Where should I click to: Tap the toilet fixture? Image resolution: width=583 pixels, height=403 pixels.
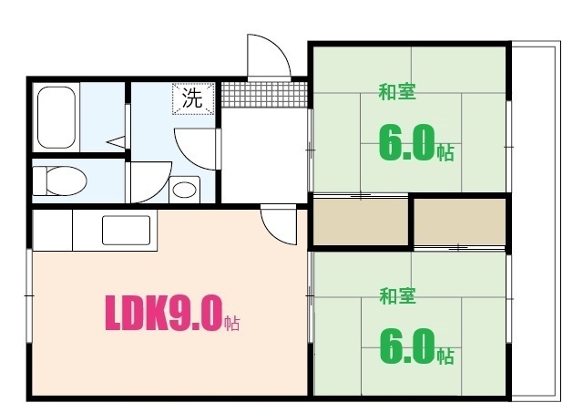pyautogui.click(x=60, y=180)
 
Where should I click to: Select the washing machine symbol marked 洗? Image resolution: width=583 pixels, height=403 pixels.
pyautogui.click(x=193, y=98)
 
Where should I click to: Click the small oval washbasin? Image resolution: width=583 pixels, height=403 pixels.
pyautogui.click(x=186, y=191)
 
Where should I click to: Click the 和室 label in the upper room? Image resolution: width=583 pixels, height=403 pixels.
pyautogui.click(x=397, y=91)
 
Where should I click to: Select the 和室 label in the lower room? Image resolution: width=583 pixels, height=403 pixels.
pyautogui.click(x=397, y=295)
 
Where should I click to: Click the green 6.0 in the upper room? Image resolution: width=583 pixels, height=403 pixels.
pyautogui.click(x=405, y=144)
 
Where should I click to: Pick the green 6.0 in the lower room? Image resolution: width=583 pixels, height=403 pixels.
pyautogui.click(x=405, y=347)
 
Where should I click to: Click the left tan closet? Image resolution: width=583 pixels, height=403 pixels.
pyautogui.click(x=361, y=221)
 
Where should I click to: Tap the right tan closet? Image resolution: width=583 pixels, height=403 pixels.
pyautogui.click(x=461, y=221)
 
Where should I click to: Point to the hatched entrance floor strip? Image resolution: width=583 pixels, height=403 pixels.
pyautogui.click(x=264, y=94)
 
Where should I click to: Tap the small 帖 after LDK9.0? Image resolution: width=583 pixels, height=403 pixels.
pyautogui.click(x=232, y=323)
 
